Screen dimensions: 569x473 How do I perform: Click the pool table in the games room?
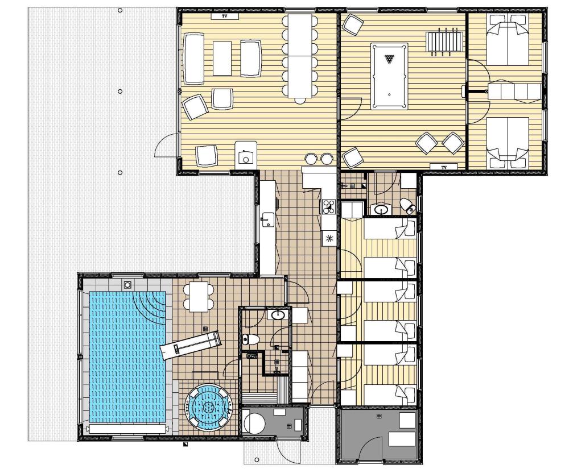pos(389,76)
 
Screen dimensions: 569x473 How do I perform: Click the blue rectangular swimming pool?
pos(127,356)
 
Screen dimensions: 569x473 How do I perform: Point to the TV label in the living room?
pos(225,16)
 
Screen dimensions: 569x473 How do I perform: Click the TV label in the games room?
pos(444,167)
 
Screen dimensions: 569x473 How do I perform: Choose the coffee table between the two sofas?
pos(222,59)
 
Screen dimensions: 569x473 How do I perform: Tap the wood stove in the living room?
pos(246,155)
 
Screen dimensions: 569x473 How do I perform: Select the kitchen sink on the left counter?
pos(268,219)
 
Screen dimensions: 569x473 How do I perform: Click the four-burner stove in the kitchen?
pos(329,207)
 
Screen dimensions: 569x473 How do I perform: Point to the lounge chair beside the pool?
pos(191,345)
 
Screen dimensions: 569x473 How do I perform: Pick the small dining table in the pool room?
pos(199,296)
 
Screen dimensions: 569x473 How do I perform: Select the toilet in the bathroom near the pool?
pos(251,339)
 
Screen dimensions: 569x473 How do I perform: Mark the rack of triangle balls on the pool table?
pos(389,59)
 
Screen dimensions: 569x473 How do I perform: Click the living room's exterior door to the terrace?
pos(167,145)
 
